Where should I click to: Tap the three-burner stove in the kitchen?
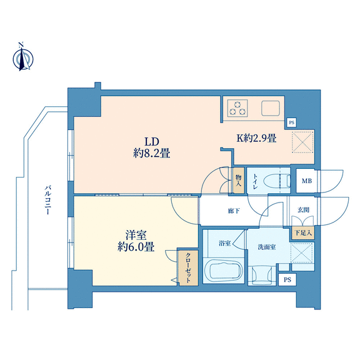pos(237,108)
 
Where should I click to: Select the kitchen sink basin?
pos(271,108)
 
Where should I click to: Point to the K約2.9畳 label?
pos(256,138)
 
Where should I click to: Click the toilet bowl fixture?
pos(277,181)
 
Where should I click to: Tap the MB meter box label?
pos(307,181)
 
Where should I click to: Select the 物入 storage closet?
pos(239,181)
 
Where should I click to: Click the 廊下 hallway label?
pos(234,210)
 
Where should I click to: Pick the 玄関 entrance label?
pos(303,209)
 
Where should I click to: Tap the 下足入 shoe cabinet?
pos(303,233)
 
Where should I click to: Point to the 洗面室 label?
pos(266,247)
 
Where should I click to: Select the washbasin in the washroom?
pos(262,275)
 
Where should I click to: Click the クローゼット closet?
pos(188,267)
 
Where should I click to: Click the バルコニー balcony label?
pos(47,200)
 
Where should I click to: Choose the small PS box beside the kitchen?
pos(291,122)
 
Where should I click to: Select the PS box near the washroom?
pos(287,279)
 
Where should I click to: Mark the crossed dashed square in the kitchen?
pos(302,142)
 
